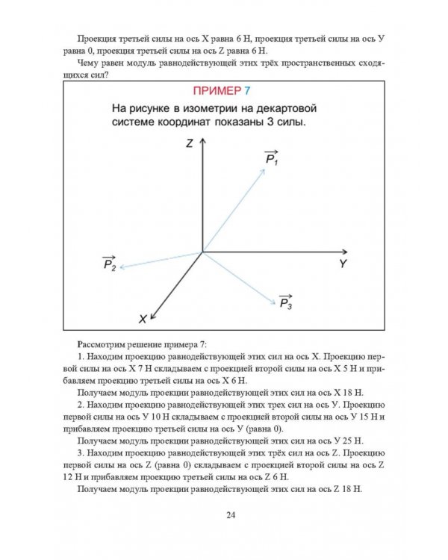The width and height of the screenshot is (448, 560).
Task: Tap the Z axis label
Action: tap(191, 142)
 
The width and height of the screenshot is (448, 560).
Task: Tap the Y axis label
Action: tap(343, 264)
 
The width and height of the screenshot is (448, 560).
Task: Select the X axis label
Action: tap(143, 319)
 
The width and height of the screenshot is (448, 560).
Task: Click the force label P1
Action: tap(271, 160)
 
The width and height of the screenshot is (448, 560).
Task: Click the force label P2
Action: tap(109, 264)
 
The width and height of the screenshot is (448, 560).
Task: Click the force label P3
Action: tap(285, 302)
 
